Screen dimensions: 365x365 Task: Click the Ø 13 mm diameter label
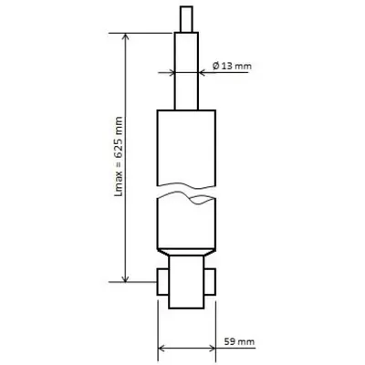(232, 66)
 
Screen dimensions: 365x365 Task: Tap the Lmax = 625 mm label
(119, 156)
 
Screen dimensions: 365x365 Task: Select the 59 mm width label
(239, 341)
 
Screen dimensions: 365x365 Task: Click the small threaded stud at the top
(186, 19)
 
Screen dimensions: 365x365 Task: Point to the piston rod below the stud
(186, 71)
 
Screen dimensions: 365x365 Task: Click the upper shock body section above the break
(186, 148)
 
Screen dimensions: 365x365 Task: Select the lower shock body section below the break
(186, 223)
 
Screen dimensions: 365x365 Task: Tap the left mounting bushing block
(163, 282)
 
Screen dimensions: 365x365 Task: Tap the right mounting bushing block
(210, 282)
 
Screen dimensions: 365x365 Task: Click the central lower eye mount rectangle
(186, 282)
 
